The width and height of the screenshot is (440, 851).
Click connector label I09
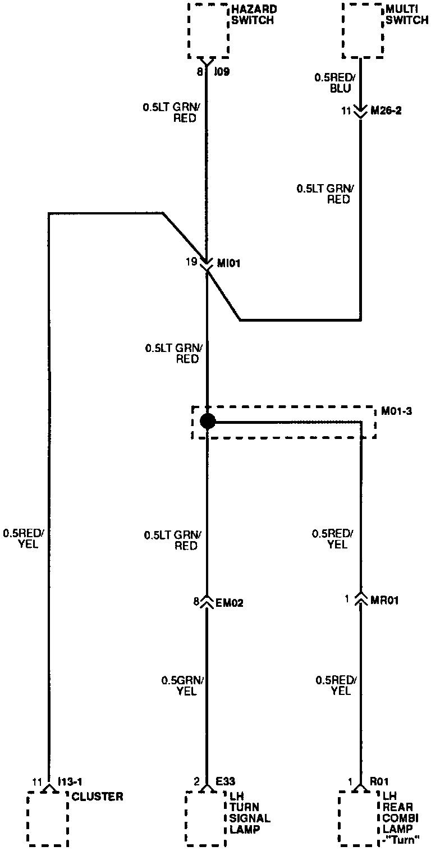(223, 72)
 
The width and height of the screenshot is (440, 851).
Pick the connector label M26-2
(387, 111)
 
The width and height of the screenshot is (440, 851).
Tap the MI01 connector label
(228, 262)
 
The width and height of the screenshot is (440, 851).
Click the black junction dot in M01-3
(208, 421)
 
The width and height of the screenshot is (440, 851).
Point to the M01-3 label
(397, 411)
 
